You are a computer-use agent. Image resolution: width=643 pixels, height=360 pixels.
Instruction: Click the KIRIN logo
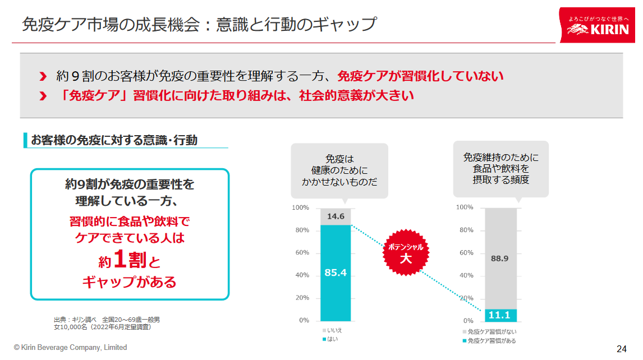point(598,25)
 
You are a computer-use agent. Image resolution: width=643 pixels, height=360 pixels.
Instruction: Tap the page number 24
point(621,349)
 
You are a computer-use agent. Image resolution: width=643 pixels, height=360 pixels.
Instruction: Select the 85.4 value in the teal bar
point(336,273)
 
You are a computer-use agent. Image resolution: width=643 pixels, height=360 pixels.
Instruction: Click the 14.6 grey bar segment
point(336,216)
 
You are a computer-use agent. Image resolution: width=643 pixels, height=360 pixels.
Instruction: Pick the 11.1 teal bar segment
point(500,315)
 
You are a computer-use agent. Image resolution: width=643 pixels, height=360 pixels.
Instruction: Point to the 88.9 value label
point(499,259)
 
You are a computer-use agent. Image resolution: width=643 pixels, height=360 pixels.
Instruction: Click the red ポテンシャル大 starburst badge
point(405,252)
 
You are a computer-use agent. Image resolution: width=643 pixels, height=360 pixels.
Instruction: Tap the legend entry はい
point(333,339)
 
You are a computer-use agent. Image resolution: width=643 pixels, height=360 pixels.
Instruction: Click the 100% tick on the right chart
point(465,207)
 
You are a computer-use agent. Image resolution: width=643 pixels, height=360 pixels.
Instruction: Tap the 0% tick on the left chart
point(304,321)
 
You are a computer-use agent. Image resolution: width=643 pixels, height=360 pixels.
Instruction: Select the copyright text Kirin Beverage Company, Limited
point(71,348)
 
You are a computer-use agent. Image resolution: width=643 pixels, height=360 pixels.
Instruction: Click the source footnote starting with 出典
point(107,323)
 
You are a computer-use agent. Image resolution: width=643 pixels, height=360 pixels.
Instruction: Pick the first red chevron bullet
point(43,76)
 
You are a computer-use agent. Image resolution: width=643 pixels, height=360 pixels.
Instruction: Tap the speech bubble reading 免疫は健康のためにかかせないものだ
point(339,170)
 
